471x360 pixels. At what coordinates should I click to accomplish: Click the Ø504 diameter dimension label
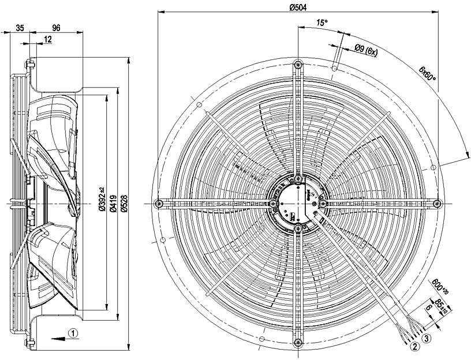coord(297,7)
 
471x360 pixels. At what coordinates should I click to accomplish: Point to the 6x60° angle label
coord(427,73)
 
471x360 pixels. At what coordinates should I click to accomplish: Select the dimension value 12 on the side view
coord(47,39)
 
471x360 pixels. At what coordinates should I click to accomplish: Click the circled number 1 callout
coord(73,333)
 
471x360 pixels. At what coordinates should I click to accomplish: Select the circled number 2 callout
coord(414,347)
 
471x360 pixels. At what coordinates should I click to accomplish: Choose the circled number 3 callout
coord(426,338)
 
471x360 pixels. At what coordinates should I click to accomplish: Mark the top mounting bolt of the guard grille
coord(297,63)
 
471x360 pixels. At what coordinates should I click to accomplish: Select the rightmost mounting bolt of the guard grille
coord(436,202)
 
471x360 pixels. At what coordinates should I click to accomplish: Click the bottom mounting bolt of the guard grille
coord(297,342)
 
